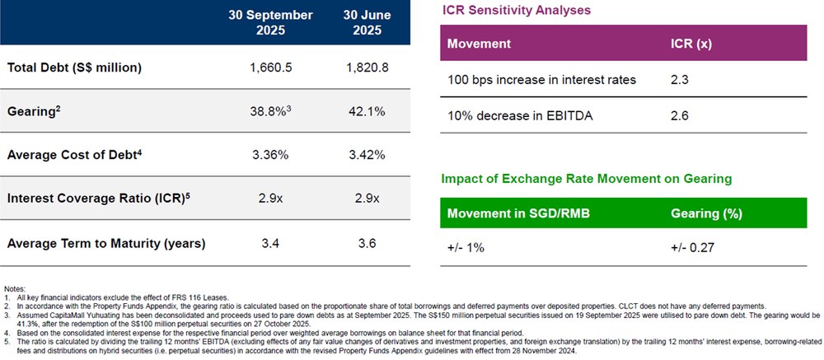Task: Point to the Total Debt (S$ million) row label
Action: (x=74, y=68)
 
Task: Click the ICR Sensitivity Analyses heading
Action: (x=516, y=11)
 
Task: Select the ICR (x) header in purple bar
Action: (x=692, y=43)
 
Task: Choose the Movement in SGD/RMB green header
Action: (x=511, y=213)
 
